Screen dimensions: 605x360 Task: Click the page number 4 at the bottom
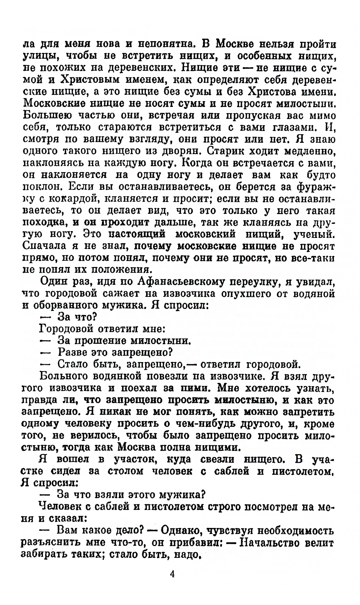(172, 574)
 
